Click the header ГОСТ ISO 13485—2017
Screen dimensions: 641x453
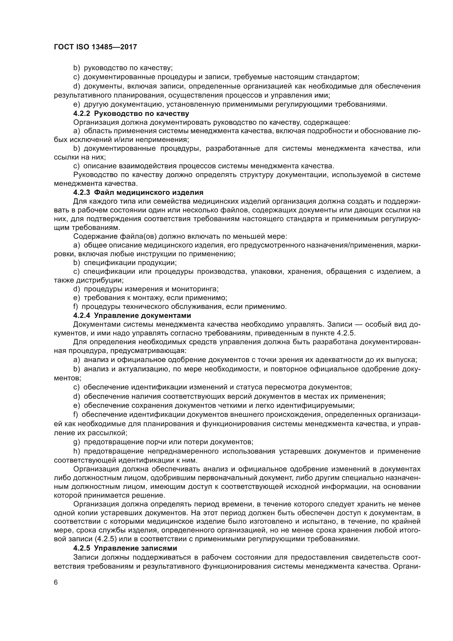(x=95, y=47)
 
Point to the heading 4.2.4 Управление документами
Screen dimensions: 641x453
(x=132, y=315)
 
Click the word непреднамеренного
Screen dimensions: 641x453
(x=183, y=451)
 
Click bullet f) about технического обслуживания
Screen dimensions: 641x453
(x=75, y=307)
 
